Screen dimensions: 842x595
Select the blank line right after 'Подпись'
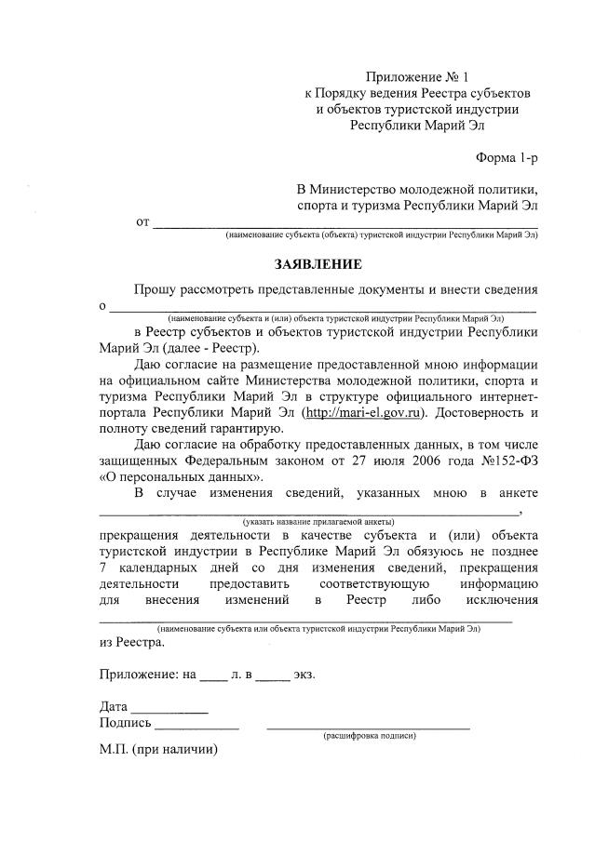pyautogui.click(x=196, y=723)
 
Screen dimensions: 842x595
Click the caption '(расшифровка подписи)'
pyautogui.click(x=369, y=735)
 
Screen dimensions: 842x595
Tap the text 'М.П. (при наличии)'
pyautogui.click(x=157, y=749)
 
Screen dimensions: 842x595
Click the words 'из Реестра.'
pyautogui.click(x=131, y=641)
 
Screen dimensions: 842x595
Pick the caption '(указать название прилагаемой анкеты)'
pyautogui.click(x=318, y=521)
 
